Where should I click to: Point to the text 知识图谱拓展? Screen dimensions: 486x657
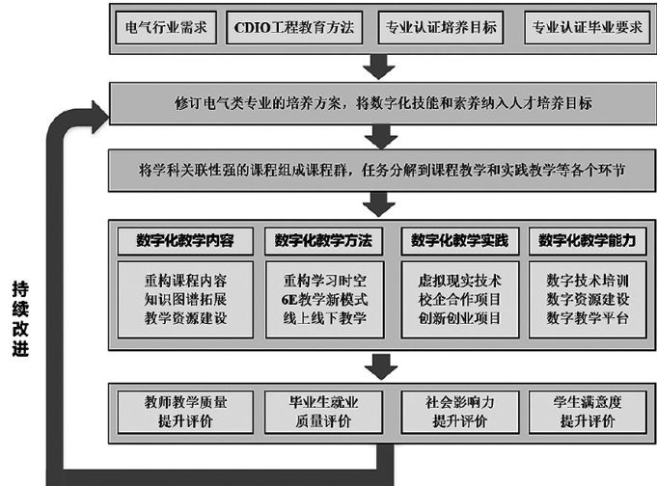coord(184,299)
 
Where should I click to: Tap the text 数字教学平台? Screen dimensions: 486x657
coord(587,317)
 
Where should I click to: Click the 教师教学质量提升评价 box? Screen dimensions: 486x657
coord(184,410)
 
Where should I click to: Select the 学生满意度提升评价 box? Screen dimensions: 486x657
coord(587,410)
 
